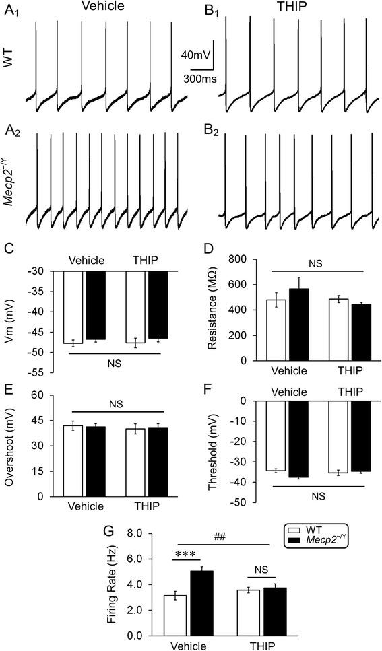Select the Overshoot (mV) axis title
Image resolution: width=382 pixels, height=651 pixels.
pos(15,445)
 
